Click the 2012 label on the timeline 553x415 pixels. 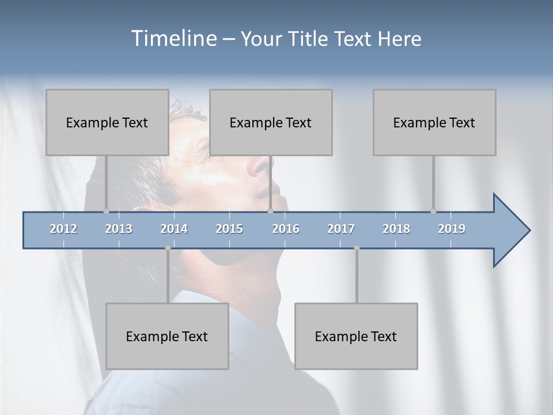click(63, 229)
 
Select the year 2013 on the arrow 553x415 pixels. click(119, 229)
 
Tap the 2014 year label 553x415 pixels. click(174, 229)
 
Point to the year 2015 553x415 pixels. click(229, 229)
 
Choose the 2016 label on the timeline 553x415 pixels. click(286, 229)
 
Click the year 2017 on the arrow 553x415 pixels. click(341, 229)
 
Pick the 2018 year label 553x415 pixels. click(396, 229)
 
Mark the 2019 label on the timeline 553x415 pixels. click(452, 229)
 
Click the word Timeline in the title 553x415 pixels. click(173, 39)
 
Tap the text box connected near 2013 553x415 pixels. click(107, 122)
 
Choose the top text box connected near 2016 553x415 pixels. click(271, 122)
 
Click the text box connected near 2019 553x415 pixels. click(434, 122)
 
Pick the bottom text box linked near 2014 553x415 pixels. click(167, 336)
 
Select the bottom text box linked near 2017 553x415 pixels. click(356, 336)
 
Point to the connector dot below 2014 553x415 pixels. click(168, 248)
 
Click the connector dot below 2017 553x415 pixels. click(357, 248)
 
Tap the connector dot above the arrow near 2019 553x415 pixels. click(433, 211)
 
